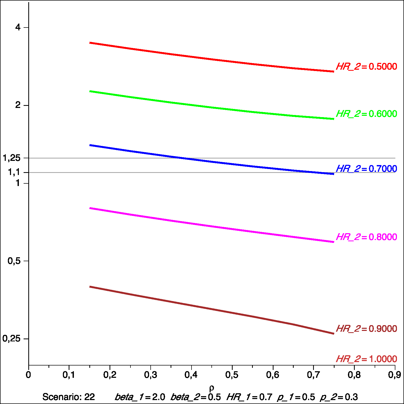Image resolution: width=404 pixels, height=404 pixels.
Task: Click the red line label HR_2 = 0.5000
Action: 366,67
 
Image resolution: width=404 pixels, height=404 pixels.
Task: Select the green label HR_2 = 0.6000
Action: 366,114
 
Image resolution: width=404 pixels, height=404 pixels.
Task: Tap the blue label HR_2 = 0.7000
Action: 366,169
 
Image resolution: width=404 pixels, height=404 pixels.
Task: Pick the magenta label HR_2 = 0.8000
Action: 366,237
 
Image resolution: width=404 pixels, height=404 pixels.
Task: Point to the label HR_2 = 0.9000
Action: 366,329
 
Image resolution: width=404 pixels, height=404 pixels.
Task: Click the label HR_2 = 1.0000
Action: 366,359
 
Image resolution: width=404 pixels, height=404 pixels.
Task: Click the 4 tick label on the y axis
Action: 18,27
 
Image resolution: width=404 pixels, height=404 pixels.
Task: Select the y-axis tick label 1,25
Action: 12,158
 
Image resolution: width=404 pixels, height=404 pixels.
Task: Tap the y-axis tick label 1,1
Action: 14,172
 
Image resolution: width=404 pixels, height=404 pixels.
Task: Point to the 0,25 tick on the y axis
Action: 12,339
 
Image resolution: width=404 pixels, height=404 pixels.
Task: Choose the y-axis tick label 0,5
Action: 14,261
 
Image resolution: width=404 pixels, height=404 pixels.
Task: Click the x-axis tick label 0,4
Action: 191,375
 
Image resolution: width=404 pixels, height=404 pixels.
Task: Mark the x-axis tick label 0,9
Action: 395,375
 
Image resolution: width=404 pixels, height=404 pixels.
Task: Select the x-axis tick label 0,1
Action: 69,375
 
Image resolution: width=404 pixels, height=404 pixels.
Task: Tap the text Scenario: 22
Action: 69,397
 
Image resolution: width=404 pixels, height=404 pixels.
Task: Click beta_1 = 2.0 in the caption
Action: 140,397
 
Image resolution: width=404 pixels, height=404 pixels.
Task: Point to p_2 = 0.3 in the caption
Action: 339,397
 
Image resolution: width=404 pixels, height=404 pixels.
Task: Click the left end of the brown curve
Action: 90,287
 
